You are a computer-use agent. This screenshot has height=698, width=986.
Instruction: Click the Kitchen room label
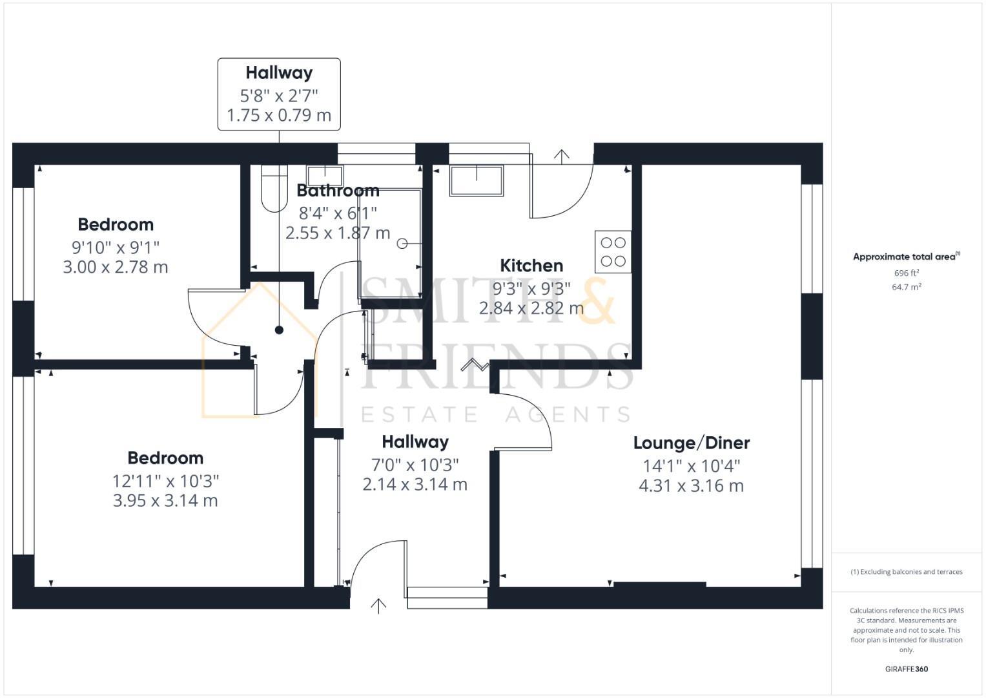[x=531, y=266]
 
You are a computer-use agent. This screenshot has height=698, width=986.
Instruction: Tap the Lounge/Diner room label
[x=691, y=443]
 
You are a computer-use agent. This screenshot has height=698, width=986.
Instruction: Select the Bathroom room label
[x=338, y=191]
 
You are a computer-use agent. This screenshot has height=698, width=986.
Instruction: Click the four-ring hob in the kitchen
[x=613, y=252]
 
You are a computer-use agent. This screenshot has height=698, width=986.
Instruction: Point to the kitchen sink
[x=477, y=180]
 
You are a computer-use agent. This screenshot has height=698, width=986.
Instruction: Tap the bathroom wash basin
[x=325, y=176]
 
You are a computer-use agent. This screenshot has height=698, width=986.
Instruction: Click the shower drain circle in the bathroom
[x=402, y=244]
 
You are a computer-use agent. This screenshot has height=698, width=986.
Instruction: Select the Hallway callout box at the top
[x=279, y=94]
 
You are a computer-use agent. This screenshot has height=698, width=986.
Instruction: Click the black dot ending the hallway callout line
[x=279, y=330]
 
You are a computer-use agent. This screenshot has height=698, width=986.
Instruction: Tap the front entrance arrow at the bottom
[x=378, y=606]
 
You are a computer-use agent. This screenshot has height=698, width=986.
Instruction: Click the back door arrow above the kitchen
[x=562, y=156]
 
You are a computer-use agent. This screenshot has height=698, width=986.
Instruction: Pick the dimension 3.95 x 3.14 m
[x=165, y=501]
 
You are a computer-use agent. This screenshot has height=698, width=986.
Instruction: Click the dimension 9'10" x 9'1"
[x=116, y=247]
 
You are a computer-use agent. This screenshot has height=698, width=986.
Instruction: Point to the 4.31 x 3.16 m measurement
[x=691, y=486]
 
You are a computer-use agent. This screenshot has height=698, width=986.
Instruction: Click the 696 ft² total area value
[x=906, y=273]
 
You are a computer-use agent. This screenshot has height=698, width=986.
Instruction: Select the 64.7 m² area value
[x=906, y=287]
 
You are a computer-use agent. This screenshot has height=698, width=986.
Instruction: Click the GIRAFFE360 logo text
[x=906, y=669]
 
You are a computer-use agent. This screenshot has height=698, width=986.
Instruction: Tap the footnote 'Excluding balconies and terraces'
[x=906, y=572]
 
